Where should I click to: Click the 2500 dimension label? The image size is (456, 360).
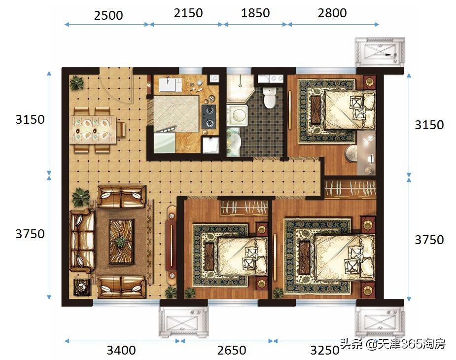click(x=108, y=15)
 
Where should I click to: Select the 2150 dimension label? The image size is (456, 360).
click(x=188, y=13)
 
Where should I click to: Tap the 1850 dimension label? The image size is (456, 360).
click(x=255, y=13)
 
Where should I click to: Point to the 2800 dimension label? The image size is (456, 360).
click(x=332, y=13)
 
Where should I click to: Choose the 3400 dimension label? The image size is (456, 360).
click(x=121, y=350)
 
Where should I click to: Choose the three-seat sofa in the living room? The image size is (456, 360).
click(x=82, y=241)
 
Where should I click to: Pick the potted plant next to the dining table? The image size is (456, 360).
click(x=76, y=83)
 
